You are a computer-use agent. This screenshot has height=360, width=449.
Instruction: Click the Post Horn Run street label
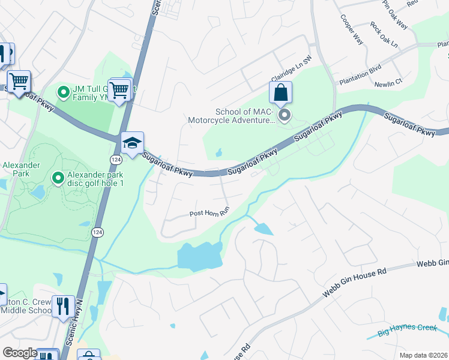pos(209,213)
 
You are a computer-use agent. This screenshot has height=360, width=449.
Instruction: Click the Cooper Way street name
pos(352,29)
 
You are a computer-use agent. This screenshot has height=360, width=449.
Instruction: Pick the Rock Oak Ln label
pos(384,35)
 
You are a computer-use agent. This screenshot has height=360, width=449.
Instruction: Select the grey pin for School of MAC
pos(285,114)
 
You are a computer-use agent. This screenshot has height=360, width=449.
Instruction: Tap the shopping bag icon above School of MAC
pos(280,93)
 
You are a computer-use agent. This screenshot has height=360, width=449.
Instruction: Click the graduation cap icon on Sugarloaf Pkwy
pos(132,143)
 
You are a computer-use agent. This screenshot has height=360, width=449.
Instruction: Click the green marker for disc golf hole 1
pos(58,178)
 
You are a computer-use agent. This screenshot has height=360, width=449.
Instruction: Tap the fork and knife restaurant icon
pos(62,306)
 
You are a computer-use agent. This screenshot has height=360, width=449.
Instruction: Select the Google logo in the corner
pos(20,353)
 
